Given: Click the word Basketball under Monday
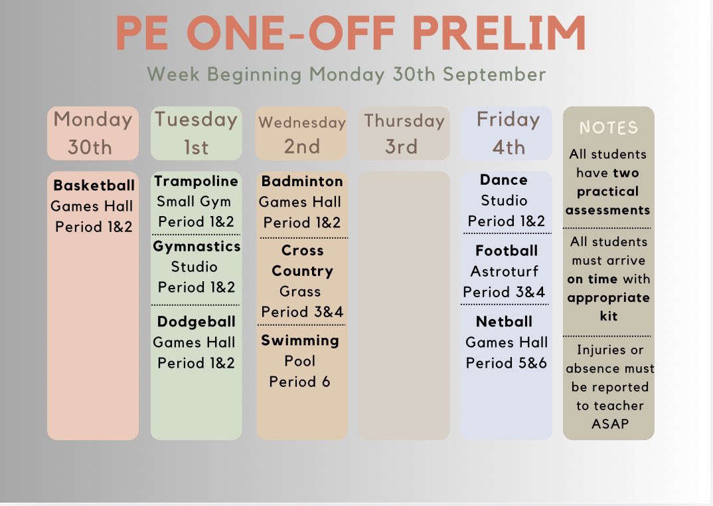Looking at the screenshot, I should click(94, 186).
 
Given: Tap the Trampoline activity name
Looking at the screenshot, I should click(196, 182).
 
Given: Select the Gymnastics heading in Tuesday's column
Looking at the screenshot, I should click(197, 247).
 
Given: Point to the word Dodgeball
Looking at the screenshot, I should click(197, 322).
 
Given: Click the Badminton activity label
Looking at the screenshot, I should click(302, 182).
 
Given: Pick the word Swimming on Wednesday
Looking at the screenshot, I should click(300, 340).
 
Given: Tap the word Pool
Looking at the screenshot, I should click(300, 361).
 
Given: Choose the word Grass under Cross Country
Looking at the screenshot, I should click(300, 291).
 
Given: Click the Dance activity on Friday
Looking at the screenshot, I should click(504, 180).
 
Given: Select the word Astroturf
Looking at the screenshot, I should click(505, 271).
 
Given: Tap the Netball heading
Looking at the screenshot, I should click(505, 322).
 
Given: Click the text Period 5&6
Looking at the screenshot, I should click(507, 363).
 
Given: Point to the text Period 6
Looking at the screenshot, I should click(300, 382).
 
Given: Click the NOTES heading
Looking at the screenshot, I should click(609, 128).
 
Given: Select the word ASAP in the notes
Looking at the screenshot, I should click(609, 424).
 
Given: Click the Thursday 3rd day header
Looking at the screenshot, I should click(404, 133).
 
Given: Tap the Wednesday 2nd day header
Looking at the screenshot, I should click(302, 134).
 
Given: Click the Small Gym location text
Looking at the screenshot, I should click(194, 201).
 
